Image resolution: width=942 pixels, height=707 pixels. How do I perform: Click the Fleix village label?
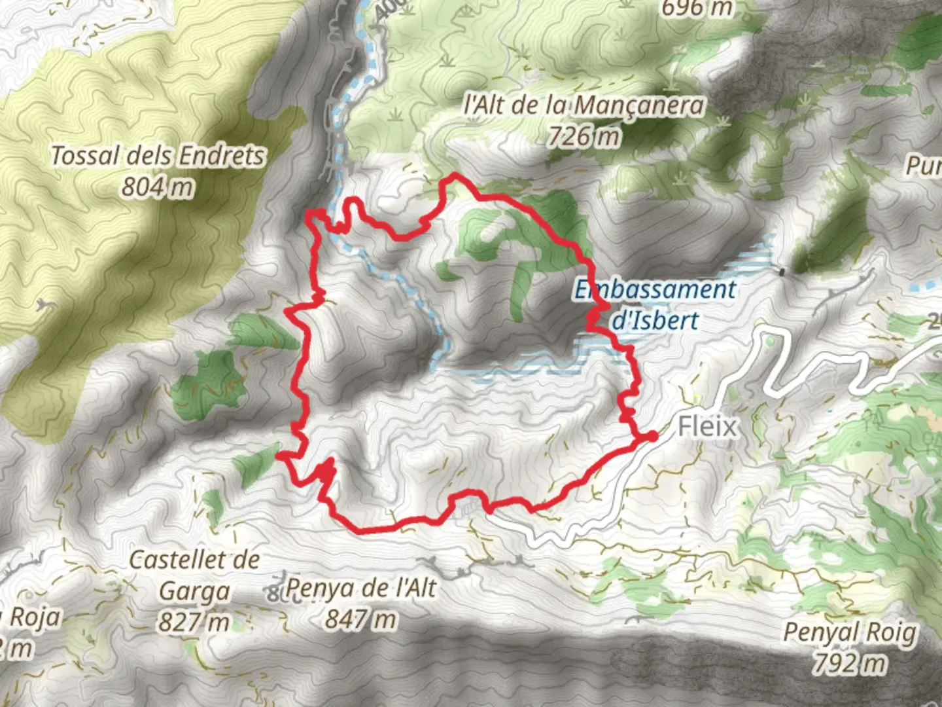pyautogui.click(x=707, y=427)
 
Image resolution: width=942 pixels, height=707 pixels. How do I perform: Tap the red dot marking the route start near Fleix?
pyautogui.click(x=652, y=437)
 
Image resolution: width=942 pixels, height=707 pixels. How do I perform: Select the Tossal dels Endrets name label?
pyautogui.click(x=158, y=156)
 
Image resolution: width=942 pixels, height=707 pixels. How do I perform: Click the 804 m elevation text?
pyautogui.click(x=158, y=187)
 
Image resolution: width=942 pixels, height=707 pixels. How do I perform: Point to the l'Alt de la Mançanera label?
pyautogui.click(x=585, y=105)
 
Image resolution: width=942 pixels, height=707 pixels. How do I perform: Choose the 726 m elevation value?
pyautogui.click(x=584, y=136)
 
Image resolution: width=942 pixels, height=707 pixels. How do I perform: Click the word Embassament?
pyautogui.click(x=655, y=289)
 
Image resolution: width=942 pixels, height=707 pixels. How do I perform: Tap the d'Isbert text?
pyautogui.click(x=655, y=320)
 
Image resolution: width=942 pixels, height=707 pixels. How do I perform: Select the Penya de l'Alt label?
pyautogui.click(x=360, y=587)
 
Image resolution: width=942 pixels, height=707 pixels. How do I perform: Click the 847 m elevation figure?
pyautogui.click(x=360, y=619)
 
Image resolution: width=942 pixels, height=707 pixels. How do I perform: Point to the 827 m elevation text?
pyautogui.click(x=194, y=622)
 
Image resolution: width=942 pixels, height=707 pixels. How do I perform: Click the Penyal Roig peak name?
pyautogui.click(x=850, y=632)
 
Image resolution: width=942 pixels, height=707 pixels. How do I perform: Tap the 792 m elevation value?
pyautogui.click(x=850, y=663)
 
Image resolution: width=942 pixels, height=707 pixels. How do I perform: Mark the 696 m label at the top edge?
pyautogui.click(x=697, y=8)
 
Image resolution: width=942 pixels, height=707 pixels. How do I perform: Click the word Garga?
pyautogui.click(x=195, y=591)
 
